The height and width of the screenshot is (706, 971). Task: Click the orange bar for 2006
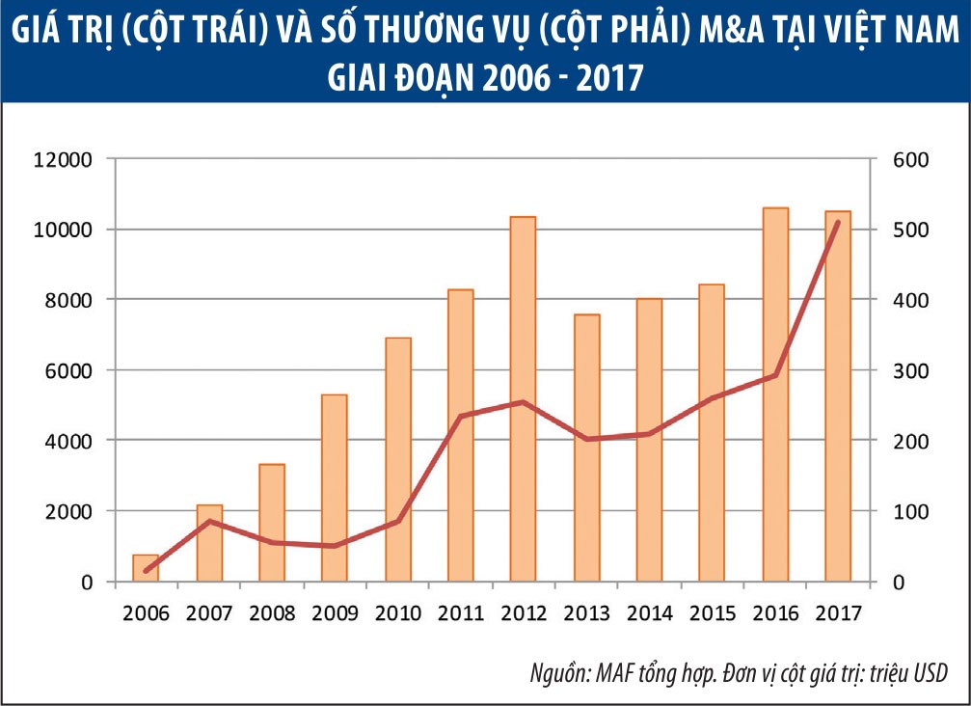(x=146, y=568)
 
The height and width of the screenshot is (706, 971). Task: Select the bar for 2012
(x=523, y=399)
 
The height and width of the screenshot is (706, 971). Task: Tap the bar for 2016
(x=775, y=394)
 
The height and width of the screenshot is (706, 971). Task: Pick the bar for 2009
(x=334, y=488)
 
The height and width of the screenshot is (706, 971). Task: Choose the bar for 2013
(x=586, y=448)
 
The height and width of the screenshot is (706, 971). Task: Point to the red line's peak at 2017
(x=838, y=223)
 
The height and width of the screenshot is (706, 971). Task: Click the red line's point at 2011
(x=460, y=417)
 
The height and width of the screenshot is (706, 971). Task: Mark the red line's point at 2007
(x=208, y=521)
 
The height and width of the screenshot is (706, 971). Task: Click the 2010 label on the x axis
(x=397, y=613)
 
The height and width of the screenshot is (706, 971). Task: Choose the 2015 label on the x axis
(x=713, y=613)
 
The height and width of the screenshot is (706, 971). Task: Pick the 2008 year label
(x=271, y=613)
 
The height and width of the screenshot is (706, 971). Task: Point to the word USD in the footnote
(x=928, y=672)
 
